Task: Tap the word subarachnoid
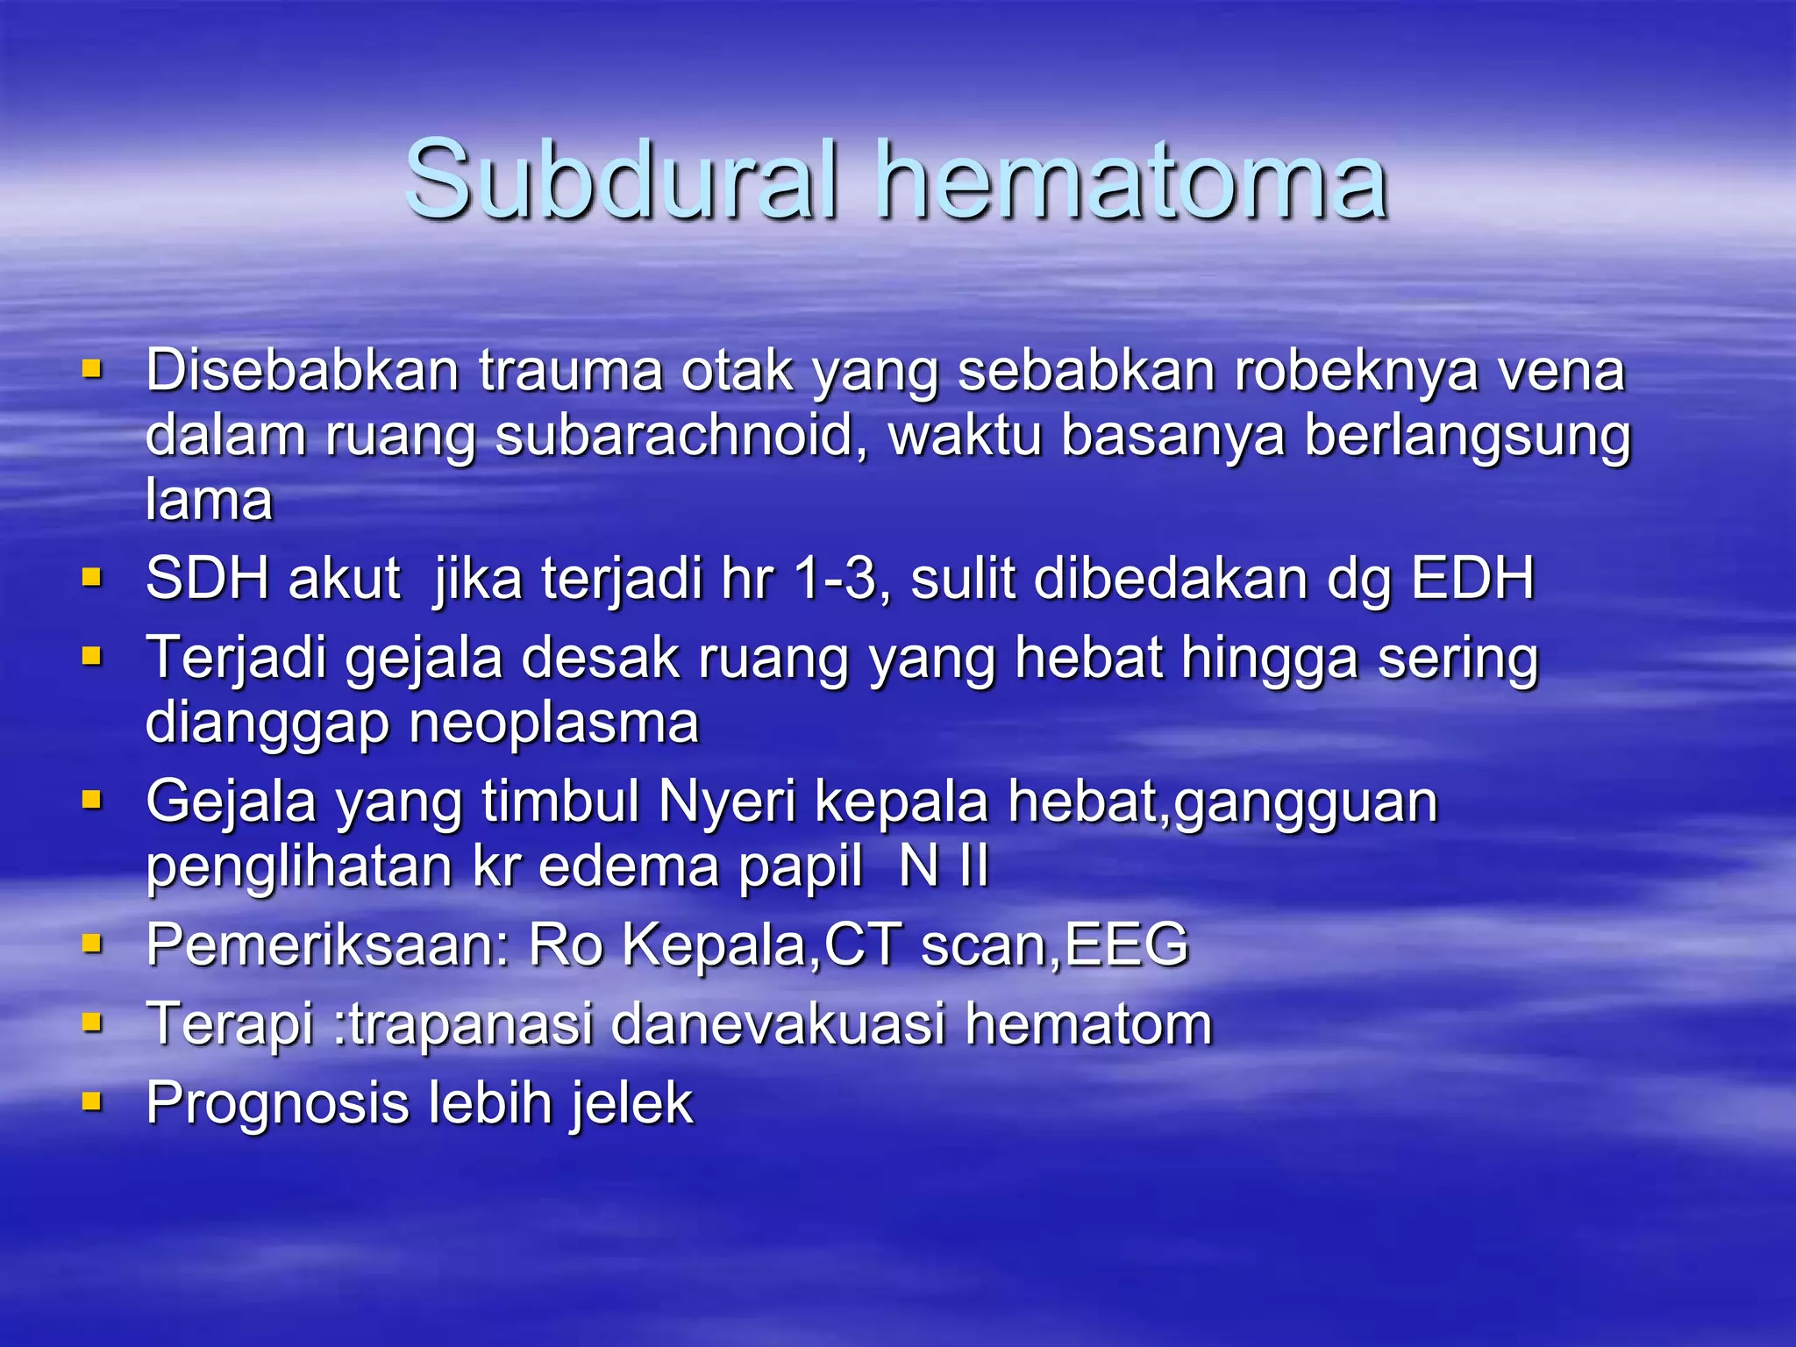673,435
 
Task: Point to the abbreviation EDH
1472,579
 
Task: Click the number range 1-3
841,579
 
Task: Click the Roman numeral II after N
973,866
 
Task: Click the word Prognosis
276,1103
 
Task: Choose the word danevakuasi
778,1024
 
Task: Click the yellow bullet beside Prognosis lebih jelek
92,1100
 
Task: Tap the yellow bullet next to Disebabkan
92,368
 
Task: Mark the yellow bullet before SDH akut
92,577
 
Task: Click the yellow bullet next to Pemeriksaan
92,943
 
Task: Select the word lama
209,500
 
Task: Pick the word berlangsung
1467,435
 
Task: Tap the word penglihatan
299,866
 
